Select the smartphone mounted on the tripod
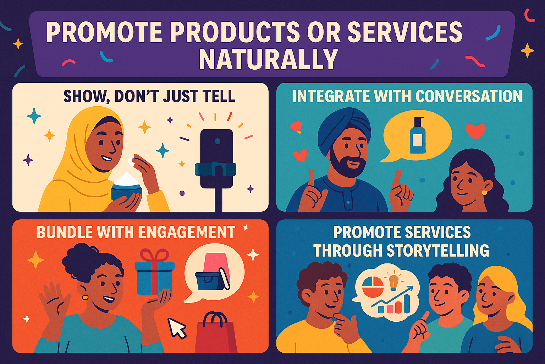coord(216,158)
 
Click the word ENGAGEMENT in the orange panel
coord(186,232)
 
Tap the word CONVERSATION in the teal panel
coord(469,96)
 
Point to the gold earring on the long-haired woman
coord(484,192)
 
